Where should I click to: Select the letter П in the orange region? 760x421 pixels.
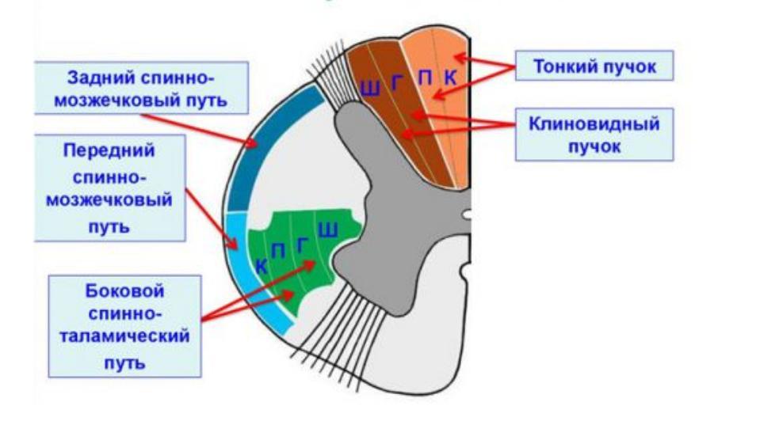[x=426, y=78]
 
